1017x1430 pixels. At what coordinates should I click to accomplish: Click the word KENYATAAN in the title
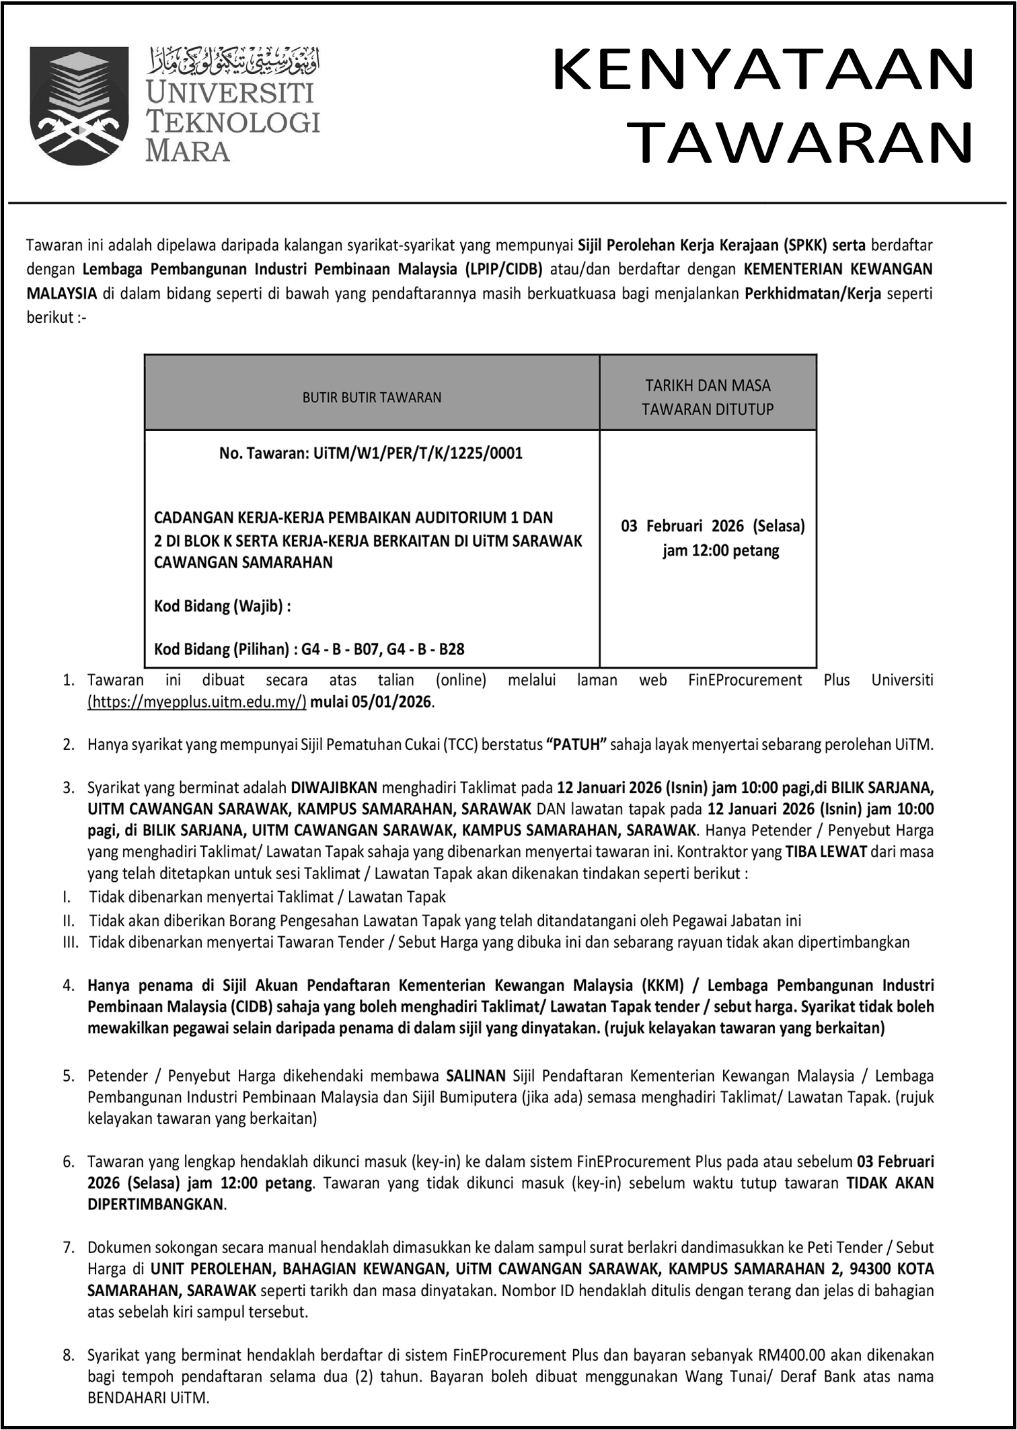pos(763,70)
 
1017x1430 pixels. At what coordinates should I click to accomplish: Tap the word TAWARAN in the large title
pos(804,143)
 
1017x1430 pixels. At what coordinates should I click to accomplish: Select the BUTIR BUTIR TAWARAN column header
pos(372,398)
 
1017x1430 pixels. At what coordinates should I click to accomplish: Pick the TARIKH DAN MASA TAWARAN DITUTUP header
pos(708,397)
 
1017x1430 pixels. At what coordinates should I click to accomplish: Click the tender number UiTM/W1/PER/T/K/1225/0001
pos(418,453)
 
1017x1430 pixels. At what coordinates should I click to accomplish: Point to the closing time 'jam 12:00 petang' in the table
pos(720,551)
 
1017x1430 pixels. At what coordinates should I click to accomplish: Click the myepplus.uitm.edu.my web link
pos(197,702)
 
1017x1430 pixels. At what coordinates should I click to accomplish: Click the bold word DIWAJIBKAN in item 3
pos(334,788)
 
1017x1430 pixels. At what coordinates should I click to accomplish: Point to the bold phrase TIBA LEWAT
pos(826,852)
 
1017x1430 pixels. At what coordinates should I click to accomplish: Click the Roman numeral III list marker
pos(71,942)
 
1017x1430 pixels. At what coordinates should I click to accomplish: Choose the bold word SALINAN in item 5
pos(476,1076)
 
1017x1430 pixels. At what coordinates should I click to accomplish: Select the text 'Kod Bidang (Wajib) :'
pos(223,607)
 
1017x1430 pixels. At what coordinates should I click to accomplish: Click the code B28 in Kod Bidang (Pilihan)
pos(452,650)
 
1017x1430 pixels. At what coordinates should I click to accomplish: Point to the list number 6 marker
pos(68,1162)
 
